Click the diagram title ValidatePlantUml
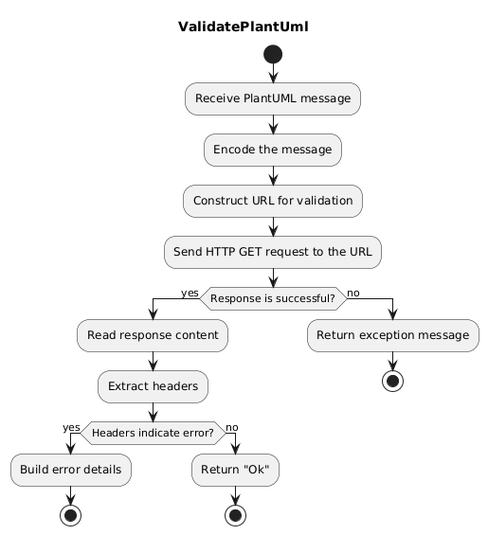point(244,27)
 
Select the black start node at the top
point(273,54)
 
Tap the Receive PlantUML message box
point(273,98)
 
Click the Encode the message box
point(273,150)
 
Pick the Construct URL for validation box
point(273,201)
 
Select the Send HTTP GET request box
point(273,252)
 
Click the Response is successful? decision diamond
point(273,298)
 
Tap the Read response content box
point(153,335)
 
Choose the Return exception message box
point(392,335)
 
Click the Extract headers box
point(153,386)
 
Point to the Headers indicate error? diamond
point(153,433)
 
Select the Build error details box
point(71,470)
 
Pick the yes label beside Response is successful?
point(190,293)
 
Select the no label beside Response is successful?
point(354,293)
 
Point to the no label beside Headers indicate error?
point(232,427)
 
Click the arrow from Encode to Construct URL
point(273,175)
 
